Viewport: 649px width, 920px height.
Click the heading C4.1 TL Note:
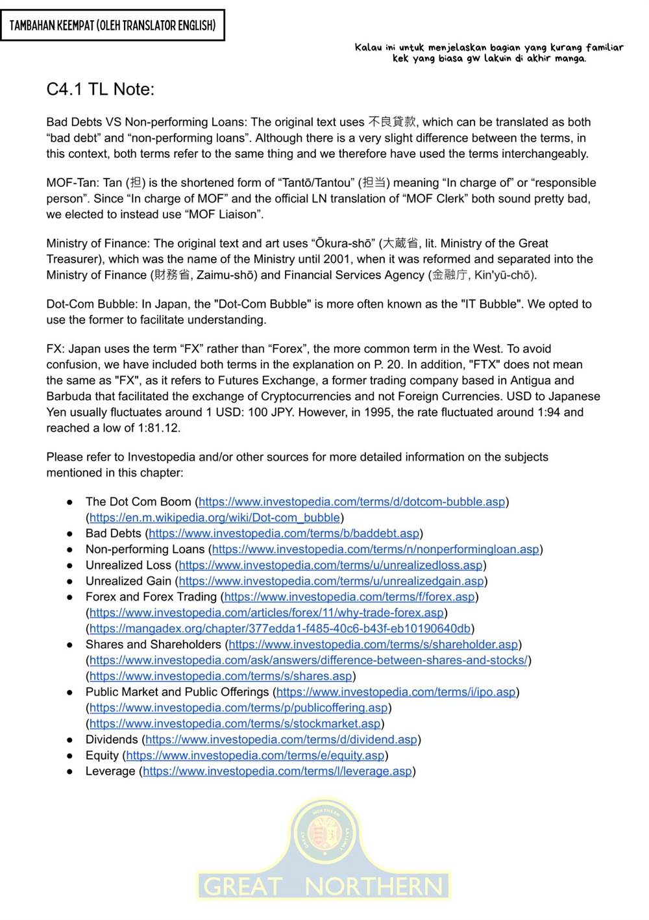click(101, 90)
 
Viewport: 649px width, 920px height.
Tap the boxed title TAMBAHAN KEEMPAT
click(112, 26)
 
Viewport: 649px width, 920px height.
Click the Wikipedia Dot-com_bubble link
click(215, 517)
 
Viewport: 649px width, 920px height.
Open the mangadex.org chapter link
click(280, 628)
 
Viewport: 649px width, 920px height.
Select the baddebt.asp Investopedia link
click(284, 533)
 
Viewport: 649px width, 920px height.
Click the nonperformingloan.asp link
click(376, 549)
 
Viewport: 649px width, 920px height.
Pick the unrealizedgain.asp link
click(332, 581)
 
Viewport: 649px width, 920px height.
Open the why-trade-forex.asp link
click(267, 612)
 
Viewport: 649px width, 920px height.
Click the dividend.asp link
click(281, 740)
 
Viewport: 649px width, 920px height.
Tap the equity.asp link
click(255, 755)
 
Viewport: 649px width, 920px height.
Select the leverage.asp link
click(277, 771)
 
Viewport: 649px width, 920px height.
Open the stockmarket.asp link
click(235, 723)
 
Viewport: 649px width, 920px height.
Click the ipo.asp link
click(396, 692)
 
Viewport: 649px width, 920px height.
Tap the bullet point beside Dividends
click(69, 740)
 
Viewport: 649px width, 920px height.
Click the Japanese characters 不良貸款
click(392, 121)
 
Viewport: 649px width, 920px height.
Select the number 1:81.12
click(158, 428)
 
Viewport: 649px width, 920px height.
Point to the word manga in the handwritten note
click(570, 58)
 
